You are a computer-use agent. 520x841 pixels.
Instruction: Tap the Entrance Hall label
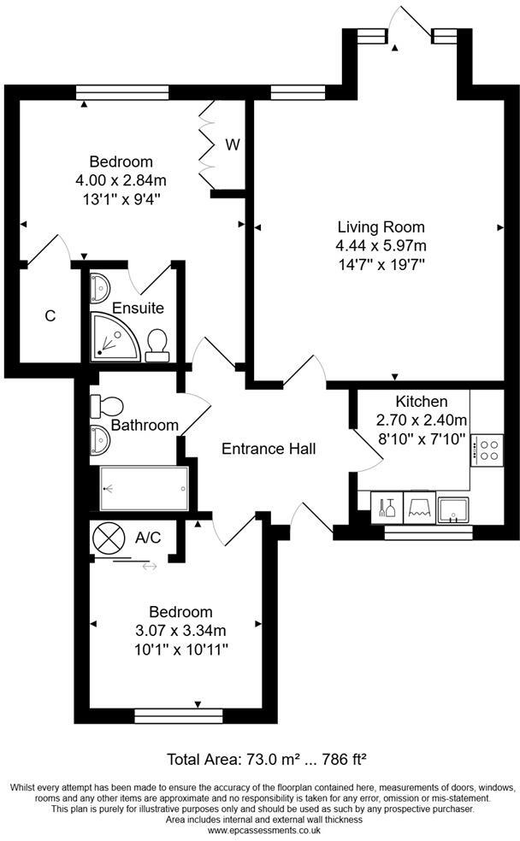click(x=269, y=449)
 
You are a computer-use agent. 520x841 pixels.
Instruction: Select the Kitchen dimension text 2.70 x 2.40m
click(x=422, y=420)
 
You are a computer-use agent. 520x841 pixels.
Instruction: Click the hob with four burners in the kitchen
click(x=490, y=450)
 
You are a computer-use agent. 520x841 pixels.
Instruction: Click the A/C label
click(x=148, y=537)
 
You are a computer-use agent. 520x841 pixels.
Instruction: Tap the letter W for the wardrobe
click(x=232, y=144)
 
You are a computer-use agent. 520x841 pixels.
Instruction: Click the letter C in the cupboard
click(x=50, y=316)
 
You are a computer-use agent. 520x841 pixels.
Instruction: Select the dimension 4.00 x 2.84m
click(x=121, y=180)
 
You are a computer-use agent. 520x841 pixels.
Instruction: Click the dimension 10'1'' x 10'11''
click(x=180, y=650)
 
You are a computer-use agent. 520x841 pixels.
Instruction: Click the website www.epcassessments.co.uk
click(x=259, y=831)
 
